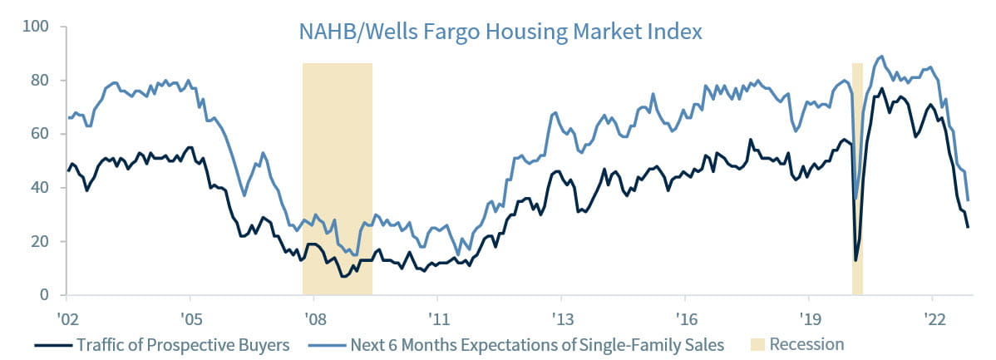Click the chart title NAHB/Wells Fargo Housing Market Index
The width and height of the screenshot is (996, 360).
pos(500,32)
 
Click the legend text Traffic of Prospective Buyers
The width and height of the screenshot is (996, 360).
pos(182,344)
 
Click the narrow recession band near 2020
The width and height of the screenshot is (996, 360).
pos(857,166)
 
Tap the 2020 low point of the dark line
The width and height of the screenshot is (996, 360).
pos(855,260)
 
